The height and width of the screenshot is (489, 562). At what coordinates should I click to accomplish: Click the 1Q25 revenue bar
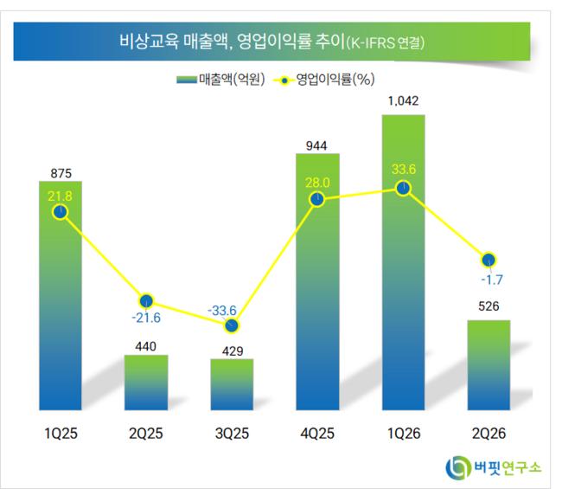(x=61, y=295)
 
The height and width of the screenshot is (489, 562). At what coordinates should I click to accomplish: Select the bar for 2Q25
(x=146, y=383)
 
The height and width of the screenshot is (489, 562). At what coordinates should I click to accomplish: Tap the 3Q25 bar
(x=232, y=384)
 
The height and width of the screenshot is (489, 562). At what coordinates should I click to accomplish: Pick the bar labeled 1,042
(x=404, y=262)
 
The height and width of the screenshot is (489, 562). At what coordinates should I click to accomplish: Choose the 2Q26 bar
(x=489, y=365)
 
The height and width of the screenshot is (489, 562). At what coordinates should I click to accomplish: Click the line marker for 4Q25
(x=317, y=199)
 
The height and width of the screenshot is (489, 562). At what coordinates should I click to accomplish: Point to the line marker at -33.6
(x=232, y=325)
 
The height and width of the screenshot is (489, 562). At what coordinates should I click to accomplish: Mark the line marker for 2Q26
(x=489, y=260)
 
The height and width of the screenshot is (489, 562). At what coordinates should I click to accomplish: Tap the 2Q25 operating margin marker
(x=146, y=301)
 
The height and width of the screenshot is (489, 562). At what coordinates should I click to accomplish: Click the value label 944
(x=316, y=145)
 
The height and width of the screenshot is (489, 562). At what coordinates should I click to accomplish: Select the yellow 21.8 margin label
(x=60, y=196)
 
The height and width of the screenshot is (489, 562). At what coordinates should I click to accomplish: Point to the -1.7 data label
(x=492, y=280)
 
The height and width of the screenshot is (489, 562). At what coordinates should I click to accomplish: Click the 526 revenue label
(x=489, y=306)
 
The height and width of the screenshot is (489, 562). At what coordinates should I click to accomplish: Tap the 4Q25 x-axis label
(x=317, y=434)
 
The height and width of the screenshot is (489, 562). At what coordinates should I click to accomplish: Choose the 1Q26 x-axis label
(x=404, y=434)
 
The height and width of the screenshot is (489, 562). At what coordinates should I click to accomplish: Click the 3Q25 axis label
(x=232, y=434)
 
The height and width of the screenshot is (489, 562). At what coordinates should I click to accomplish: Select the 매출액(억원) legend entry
(x=220, y=80)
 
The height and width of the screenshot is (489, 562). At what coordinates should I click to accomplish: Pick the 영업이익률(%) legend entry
(x=324, y=80)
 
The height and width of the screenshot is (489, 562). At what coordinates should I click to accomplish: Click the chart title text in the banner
(x=271, y=42)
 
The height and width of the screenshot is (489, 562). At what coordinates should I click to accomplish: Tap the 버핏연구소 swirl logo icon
(x=458, y=467)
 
